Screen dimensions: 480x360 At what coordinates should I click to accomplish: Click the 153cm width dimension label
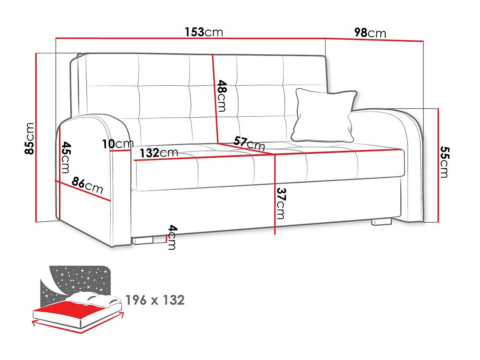[204, 32]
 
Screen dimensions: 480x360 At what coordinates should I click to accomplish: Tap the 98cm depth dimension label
[370, 33]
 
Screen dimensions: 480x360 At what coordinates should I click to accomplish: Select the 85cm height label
[29, 139]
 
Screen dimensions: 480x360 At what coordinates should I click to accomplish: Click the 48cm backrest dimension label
[222, 96]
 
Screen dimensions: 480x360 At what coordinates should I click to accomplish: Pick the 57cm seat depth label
[249, 143]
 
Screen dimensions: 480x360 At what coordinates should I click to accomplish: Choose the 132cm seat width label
[159, 153]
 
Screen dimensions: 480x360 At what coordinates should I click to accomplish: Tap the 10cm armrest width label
[118, 144]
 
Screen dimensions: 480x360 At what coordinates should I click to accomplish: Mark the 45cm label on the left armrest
[66, 158]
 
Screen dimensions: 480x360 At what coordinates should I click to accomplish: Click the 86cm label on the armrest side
[87, 185]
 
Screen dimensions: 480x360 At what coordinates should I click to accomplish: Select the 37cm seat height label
[281, 203]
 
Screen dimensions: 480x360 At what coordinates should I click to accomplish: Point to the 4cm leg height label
[172, 237]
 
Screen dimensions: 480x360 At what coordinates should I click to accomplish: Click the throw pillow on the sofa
[324, 115]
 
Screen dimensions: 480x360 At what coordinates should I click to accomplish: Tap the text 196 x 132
[155, 300]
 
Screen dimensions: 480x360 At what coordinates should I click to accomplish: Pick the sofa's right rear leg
[382, 222]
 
